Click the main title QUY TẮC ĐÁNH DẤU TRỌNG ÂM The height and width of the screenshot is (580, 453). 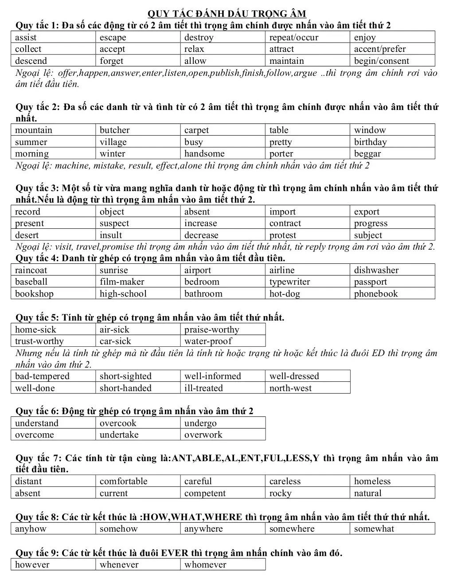click(226, 14)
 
